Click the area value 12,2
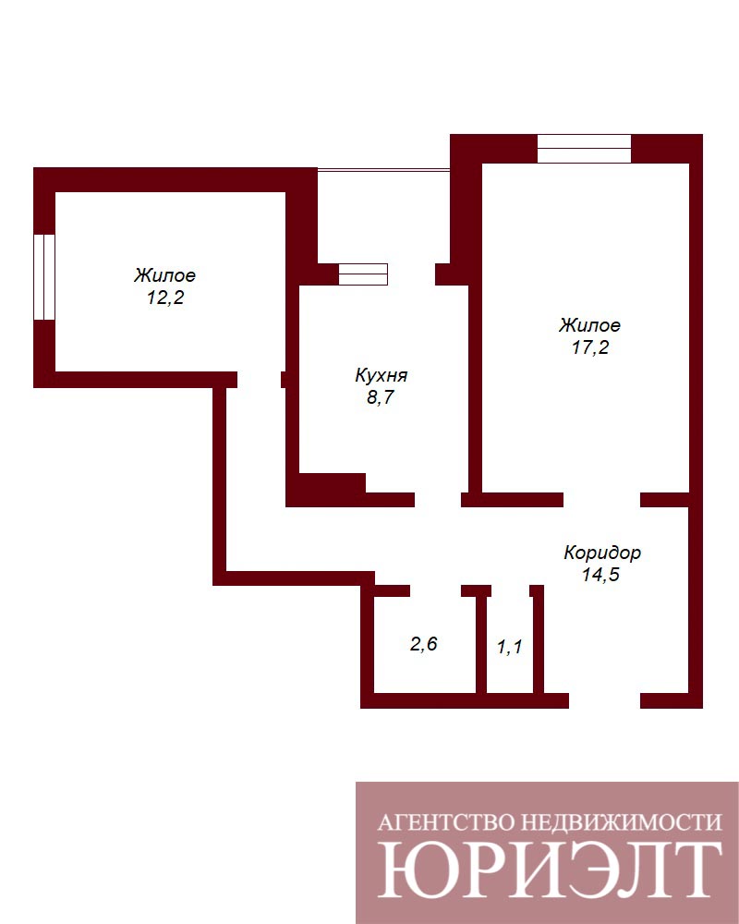point(165,298)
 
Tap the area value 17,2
point(590,347)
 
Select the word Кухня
point(381,375)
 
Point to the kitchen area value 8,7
point(380,397)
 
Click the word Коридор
point(601,553)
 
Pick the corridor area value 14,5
point(601,575)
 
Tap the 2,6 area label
point(424,644)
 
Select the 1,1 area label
point(509,648)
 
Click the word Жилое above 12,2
point(165,275)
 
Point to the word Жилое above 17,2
point(589,325)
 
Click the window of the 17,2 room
point(584,149)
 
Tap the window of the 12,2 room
point(44,277)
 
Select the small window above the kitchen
point(363,274)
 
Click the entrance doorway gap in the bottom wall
point(605,700)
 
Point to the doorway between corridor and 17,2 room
point(602,500)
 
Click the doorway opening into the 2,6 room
point(435,591)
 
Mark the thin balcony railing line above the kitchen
point(383,170)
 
